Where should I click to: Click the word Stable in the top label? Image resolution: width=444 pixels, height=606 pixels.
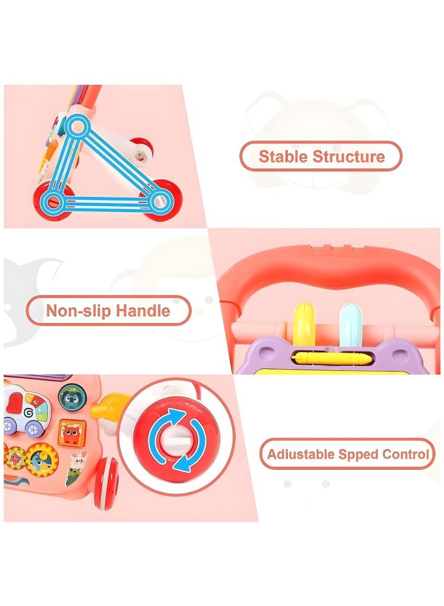pyautogui.click(x=283, y=156)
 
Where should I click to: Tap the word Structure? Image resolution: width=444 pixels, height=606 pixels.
pyautogui.click(x=349, y=156)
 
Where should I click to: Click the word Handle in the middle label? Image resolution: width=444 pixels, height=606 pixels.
pyautogui.click(x=144, y=311)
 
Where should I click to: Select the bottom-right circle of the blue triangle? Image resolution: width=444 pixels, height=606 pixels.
pyautogui.click(x=159, y=201)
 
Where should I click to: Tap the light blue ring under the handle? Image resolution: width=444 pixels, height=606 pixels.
pyautogui.click(x=350, y=324)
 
